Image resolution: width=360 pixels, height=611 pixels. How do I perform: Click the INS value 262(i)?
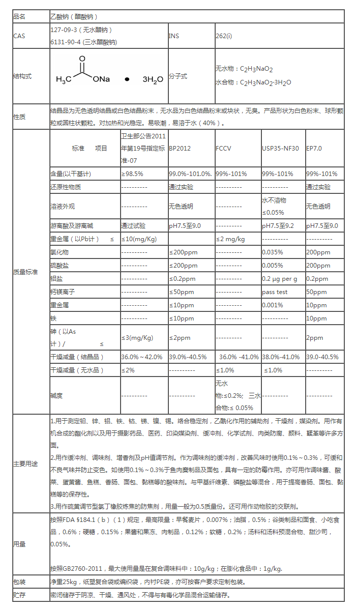(224, 36)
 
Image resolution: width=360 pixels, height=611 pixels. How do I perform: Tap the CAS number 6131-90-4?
(65, 42)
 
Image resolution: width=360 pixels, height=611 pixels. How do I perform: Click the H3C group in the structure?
(65, 79)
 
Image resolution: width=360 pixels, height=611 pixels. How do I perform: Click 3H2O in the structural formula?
(153, 80)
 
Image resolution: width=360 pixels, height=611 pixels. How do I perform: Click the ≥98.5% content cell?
(132, 173)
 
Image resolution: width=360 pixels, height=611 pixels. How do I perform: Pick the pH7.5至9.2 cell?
(278, 226)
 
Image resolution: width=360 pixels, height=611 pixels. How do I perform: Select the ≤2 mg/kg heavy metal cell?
(230, 239)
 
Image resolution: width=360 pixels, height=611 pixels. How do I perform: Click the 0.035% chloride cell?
(272, 252)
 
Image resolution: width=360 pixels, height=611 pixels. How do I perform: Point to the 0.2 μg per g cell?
(280, 279)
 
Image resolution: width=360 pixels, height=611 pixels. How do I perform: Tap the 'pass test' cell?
(275, 292)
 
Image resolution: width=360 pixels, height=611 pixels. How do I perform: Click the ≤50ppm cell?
(182, 292)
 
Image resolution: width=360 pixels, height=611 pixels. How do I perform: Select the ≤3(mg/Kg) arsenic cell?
(137, 338)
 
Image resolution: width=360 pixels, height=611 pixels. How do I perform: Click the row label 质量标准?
(25, 272)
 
